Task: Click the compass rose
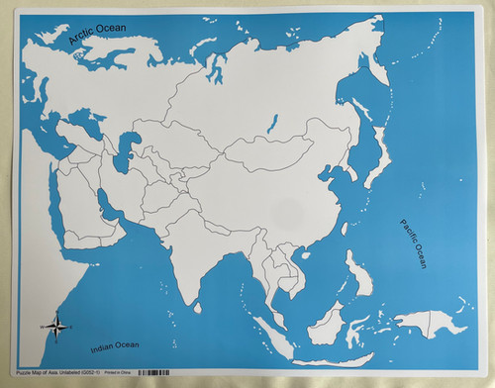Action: (56, 326)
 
